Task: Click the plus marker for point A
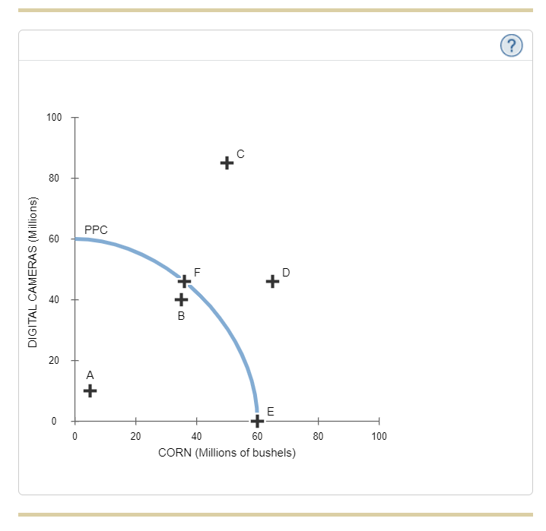pos(90,390)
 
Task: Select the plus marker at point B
pos(181,299)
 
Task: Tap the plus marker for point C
pos(227,163)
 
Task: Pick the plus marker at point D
pos(272,281)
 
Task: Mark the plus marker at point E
pos(257,420)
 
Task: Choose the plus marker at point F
pos(184,281)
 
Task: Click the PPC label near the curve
pos(96,229)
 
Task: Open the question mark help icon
pos(512,46)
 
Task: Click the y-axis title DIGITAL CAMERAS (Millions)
pos(33,272)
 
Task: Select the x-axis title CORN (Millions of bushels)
pos(227,453)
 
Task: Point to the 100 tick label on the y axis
pos(53,118)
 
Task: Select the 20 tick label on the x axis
pos(135,436)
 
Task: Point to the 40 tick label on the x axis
pos(196,436)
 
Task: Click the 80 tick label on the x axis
pos(318,436)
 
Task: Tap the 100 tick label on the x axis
pos(379,436)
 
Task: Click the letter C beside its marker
pos(240,153)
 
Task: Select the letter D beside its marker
pos(286,272)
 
